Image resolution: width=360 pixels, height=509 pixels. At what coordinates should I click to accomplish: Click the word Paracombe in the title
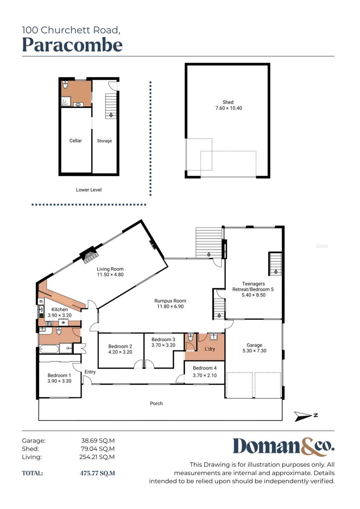click(72, 45)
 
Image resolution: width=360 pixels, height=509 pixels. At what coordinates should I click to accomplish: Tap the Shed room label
click(228, 102)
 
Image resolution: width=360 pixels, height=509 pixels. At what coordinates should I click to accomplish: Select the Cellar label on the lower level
click(76, 141)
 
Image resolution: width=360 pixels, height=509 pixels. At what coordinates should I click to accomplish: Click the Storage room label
click(104, 141)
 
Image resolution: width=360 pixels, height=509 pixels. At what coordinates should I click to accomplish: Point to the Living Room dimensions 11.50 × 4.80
click(110, 275)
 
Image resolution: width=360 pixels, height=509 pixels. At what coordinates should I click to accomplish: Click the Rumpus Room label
click(170, 301)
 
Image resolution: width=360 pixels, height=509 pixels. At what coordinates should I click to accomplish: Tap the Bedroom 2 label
click(120, 346)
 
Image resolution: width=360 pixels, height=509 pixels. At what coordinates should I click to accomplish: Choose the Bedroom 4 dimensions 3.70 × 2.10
click(205, 375)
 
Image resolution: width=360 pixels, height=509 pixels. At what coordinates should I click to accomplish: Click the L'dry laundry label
click(210, 349)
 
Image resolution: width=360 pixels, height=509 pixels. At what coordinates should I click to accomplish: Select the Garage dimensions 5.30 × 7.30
click(254, 350)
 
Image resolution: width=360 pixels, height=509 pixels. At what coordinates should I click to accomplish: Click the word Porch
click(156, 403)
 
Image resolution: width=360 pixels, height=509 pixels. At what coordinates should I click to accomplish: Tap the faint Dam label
click(322, 246)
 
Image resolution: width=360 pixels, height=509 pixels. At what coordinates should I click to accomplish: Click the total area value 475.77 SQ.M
click(97, 473)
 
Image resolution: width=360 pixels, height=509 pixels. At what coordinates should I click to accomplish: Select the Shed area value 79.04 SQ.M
click(98, 449)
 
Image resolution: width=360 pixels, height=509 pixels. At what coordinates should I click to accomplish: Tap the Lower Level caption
click(89, 190)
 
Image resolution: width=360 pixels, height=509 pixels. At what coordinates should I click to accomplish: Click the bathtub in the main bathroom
click(49, 349)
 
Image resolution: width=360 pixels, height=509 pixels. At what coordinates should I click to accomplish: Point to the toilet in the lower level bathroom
click(65, 84)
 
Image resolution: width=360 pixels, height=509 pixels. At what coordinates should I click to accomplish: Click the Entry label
click(90, 372)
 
